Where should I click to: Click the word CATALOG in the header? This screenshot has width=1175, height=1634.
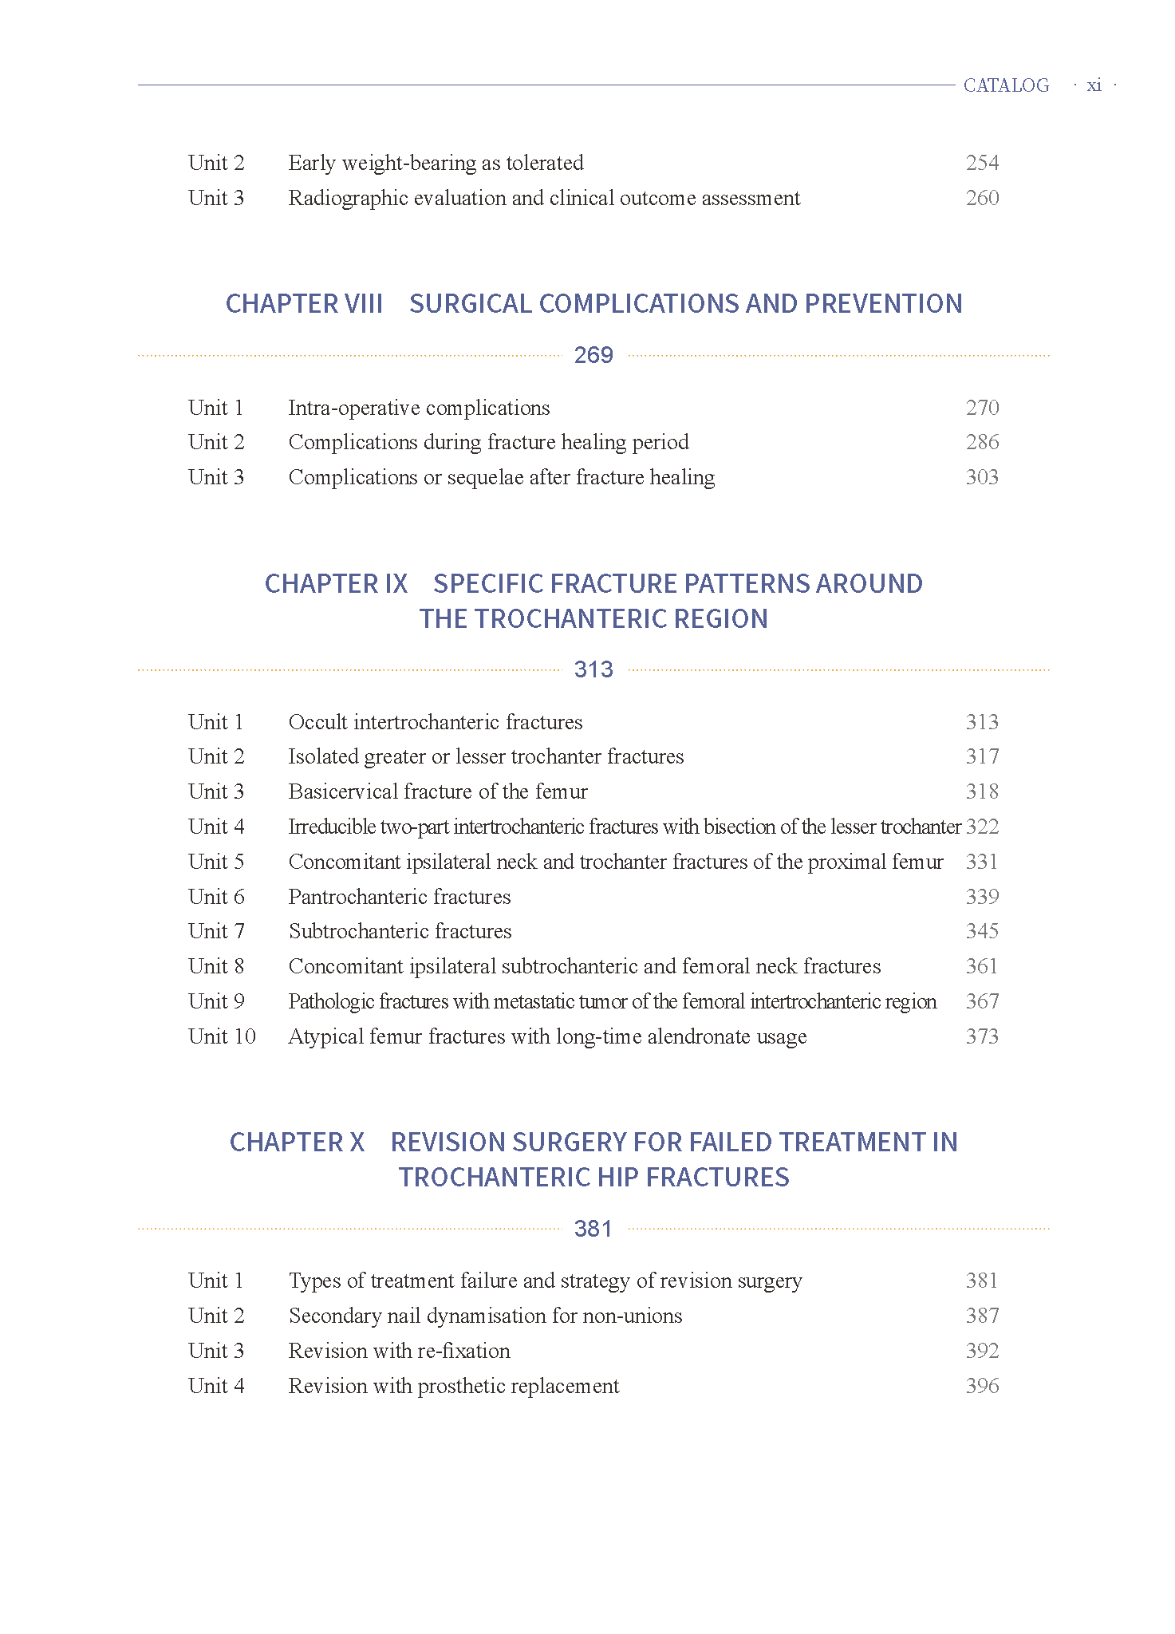[x=1006, y=85]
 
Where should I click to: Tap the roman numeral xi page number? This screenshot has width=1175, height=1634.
[x=1094, y=85]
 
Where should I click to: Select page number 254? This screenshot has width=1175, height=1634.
[x=982, y=163]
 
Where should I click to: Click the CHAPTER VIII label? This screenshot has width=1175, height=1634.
[x=304, y=304]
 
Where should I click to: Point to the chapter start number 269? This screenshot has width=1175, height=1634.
[x=593, y=355]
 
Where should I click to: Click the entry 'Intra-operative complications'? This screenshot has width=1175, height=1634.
[x=419, y=408]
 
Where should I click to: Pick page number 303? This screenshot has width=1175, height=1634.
[x=982, y=477]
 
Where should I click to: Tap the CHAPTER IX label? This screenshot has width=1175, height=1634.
[x=336, y=584]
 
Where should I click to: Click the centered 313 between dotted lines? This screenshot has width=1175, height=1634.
[x=593, y=669]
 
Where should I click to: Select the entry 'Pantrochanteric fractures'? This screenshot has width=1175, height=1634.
[x=400, y=897]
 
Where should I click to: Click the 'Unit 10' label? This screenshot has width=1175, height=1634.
[x=222, y=1036]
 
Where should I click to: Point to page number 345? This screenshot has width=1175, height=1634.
[x=982, y=931]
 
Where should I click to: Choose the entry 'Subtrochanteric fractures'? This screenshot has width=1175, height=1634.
[x=400, y=931]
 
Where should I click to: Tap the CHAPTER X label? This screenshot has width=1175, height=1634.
[x=297, y=1143]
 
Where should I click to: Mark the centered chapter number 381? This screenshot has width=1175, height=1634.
[x=593, y=1229]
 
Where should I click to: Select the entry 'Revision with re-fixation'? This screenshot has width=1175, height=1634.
[x=400, y=1351]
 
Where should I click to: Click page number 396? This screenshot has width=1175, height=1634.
[x=982, y=1386]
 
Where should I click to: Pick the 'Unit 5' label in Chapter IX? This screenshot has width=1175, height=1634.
[x=216, y=862]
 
